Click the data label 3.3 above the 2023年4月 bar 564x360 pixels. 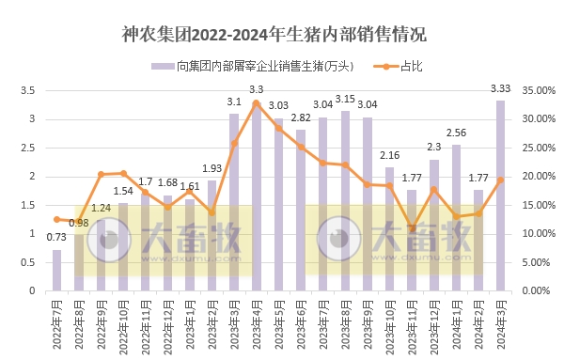pos(256,89)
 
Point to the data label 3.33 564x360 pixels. pos(501,88)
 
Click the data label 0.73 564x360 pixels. pos(57,238)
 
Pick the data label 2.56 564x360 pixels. pos(457,133)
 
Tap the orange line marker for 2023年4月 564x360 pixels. pos(256,103)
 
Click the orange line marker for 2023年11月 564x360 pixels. pos(412,227)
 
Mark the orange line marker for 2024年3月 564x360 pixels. pos(500,180)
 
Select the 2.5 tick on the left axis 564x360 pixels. pos(28,148)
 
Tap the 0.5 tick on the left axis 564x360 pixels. pos(28,262)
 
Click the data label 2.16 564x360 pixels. pos(390,155)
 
